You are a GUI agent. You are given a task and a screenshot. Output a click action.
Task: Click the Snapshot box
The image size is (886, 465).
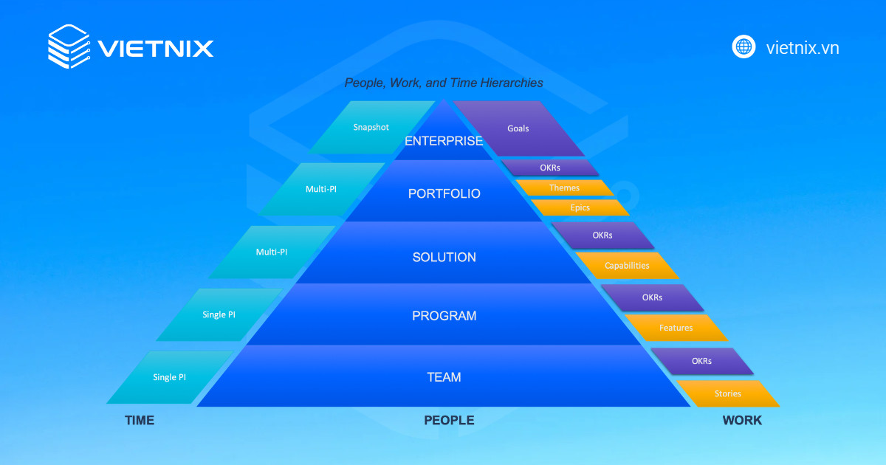pos(371,127)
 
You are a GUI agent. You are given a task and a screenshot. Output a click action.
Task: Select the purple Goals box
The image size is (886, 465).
pos(518,128)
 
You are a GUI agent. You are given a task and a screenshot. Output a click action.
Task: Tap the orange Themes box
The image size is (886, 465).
pos(564,187)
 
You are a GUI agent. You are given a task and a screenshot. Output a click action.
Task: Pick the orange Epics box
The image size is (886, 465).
pos(580,207)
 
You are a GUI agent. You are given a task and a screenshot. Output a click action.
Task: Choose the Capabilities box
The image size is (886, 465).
pos(627,265)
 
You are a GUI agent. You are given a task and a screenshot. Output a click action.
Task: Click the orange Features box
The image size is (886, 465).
pos(676,327)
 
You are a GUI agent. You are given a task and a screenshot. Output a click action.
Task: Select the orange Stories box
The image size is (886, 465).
pos(727,393)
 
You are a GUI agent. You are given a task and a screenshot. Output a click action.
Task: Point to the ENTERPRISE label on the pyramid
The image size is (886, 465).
pos(444,141)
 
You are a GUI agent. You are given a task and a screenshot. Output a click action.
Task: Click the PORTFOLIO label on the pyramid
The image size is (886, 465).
pos(444,194)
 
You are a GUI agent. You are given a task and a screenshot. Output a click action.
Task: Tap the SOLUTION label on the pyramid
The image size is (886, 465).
pos(444,258)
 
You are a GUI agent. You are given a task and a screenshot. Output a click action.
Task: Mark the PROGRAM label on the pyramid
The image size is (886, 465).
pos(444,316)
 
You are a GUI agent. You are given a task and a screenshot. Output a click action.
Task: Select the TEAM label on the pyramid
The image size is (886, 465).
pos(444,377)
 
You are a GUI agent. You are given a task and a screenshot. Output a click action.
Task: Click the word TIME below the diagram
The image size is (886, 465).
pos(140,420)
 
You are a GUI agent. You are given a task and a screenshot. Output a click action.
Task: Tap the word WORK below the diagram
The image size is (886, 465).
pos(742,420)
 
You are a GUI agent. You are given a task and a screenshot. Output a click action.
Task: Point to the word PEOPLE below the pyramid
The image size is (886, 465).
pos(449,420)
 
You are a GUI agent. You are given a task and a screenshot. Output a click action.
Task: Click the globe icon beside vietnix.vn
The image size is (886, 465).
pos(744,47)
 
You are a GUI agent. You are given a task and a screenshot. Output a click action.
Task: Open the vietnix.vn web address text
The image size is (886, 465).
pos(803,48)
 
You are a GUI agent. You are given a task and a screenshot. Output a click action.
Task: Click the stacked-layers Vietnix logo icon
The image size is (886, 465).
pos(69,46)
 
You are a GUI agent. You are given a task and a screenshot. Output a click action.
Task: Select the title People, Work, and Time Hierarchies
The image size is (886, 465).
pos(444,83)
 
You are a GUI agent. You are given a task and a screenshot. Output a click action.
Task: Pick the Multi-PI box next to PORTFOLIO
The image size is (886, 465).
pos(321,189)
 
